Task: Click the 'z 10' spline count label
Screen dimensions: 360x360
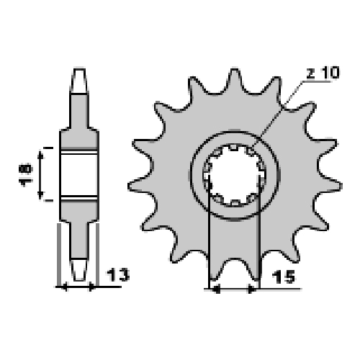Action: (x=323, y=73)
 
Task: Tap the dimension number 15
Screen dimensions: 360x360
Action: (x=283, y=276)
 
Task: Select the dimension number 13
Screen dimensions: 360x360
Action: (x=118, y=275)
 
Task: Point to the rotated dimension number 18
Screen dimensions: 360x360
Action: (x=25, y=174)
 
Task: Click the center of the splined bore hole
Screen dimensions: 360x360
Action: (x=235, y=175)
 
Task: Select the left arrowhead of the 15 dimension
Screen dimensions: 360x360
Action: (x=217, y=289)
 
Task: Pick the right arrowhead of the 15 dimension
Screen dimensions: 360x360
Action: (x=251, y=289)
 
